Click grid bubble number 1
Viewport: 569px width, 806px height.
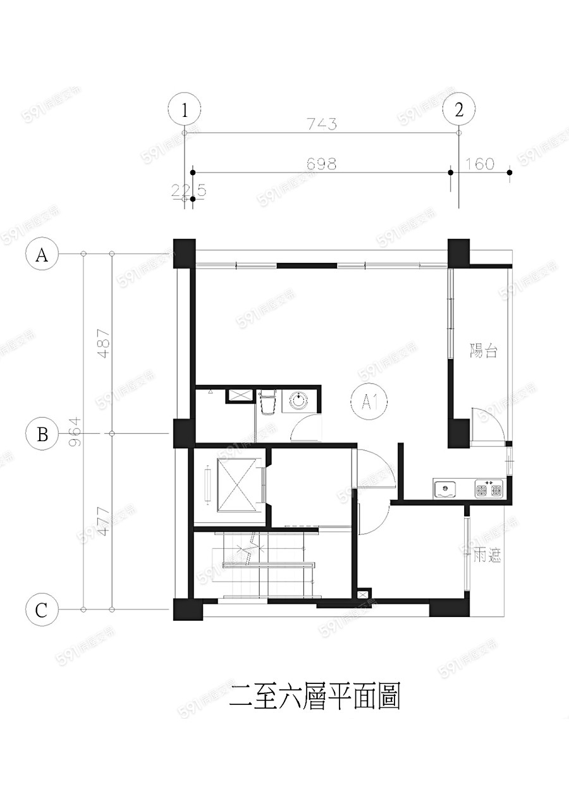pyautogui.click(x=184, y=109)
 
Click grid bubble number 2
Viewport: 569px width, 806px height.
pyautogui.click(x=458, y=109)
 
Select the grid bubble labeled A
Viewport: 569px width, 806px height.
pyautogui.click(x=42, y=253)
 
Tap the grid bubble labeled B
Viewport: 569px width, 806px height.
pyautogui.click(x=42, y=434)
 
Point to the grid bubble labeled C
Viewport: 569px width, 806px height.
pyautogui.click(x=42, y=609)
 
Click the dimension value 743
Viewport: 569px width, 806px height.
pyautogui.click(x=322, y=124)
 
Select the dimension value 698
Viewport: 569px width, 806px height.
pyautogui.click(x=321, y=164)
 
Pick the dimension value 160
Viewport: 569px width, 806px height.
pyautogui.click(x=480, y=164)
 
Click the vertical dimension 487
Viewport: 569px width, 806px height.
pyautogui.click(x=104, y=343)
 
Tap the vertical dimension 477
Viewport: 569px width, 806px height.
pyautogui.click(x=104, y=522)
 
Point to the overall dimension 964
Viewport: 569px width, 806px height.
pyautogui.click(x=75, y=432)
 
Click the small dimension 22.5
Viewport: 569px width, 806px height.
pyautogui.click(x=188, y=190)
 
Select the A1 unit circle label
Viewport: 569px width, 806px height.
pyautogui.click(x=369, y=402)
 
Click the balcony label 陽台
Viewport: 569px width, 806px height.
pyautogui.click(x=484, y=350)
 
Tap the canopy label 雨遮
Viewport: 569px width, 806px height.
pyautogui.click(x=487, y=556)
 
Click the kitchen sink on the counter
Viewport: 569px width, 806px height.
pyautogui.click(x=445, y=489)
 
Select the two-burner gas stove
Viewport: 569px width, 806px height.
pyautogui.click(x=489, y=488)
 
